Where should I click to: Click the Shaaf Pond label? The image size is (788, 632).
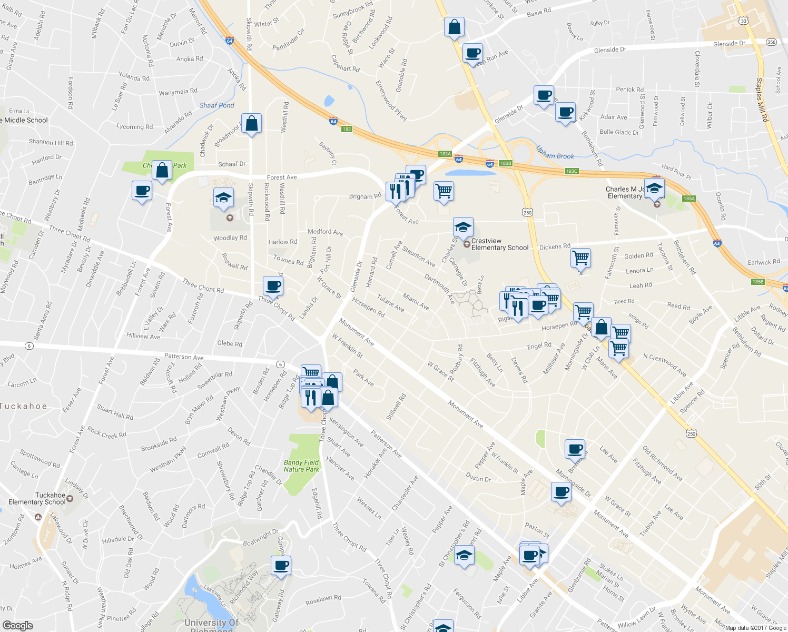[x=216, y=105]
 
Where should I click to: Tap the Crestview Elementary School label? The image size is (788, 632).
[x=499, y=244]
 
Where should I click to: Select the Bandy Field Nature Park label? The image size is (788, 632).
[x=301, y=466]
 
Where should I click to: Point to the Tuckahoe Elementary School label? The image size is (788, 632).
[x=37, y=499]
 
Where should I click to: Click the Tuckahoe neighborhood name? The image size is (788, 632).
[x=24, y=406]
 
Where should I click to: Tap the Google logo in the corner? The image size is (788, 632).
[x=17, y=626]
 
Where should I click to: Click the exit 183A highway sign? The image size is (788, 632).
[x=445, y=154]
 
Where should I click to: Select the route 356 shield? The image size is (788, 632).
[x=771, y=42]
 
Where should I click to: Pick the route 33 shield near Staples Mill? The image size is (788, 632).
[x=743, y=21]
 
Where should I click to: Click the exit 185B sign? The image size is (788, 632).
[x=757, y=282]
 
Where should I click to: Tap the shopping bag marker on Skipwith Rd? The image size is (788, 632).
[x=252, y=124]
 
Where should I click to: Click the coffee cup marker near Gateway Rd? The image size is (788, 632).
[x=281, y=566]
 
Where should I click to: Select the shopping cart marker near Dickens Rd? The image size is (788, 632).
[x=580, y=258]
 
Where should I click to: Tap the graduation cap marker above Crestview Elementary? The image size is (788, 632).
[x=463, y=227]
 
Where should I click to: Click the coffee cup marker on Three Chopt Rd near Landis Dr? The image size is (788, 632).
[x=273, y=286]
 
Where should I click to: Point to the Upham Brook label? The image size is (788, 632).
[x=555, y=153]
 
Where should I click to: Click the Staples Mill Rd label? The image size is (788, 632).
[x=762, y=100]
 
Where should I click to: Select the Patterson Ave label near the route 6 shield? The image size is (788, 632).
[x=183, y=357]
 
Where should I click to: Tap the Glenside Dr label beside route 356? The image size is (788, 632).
[x=729, y=44]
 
